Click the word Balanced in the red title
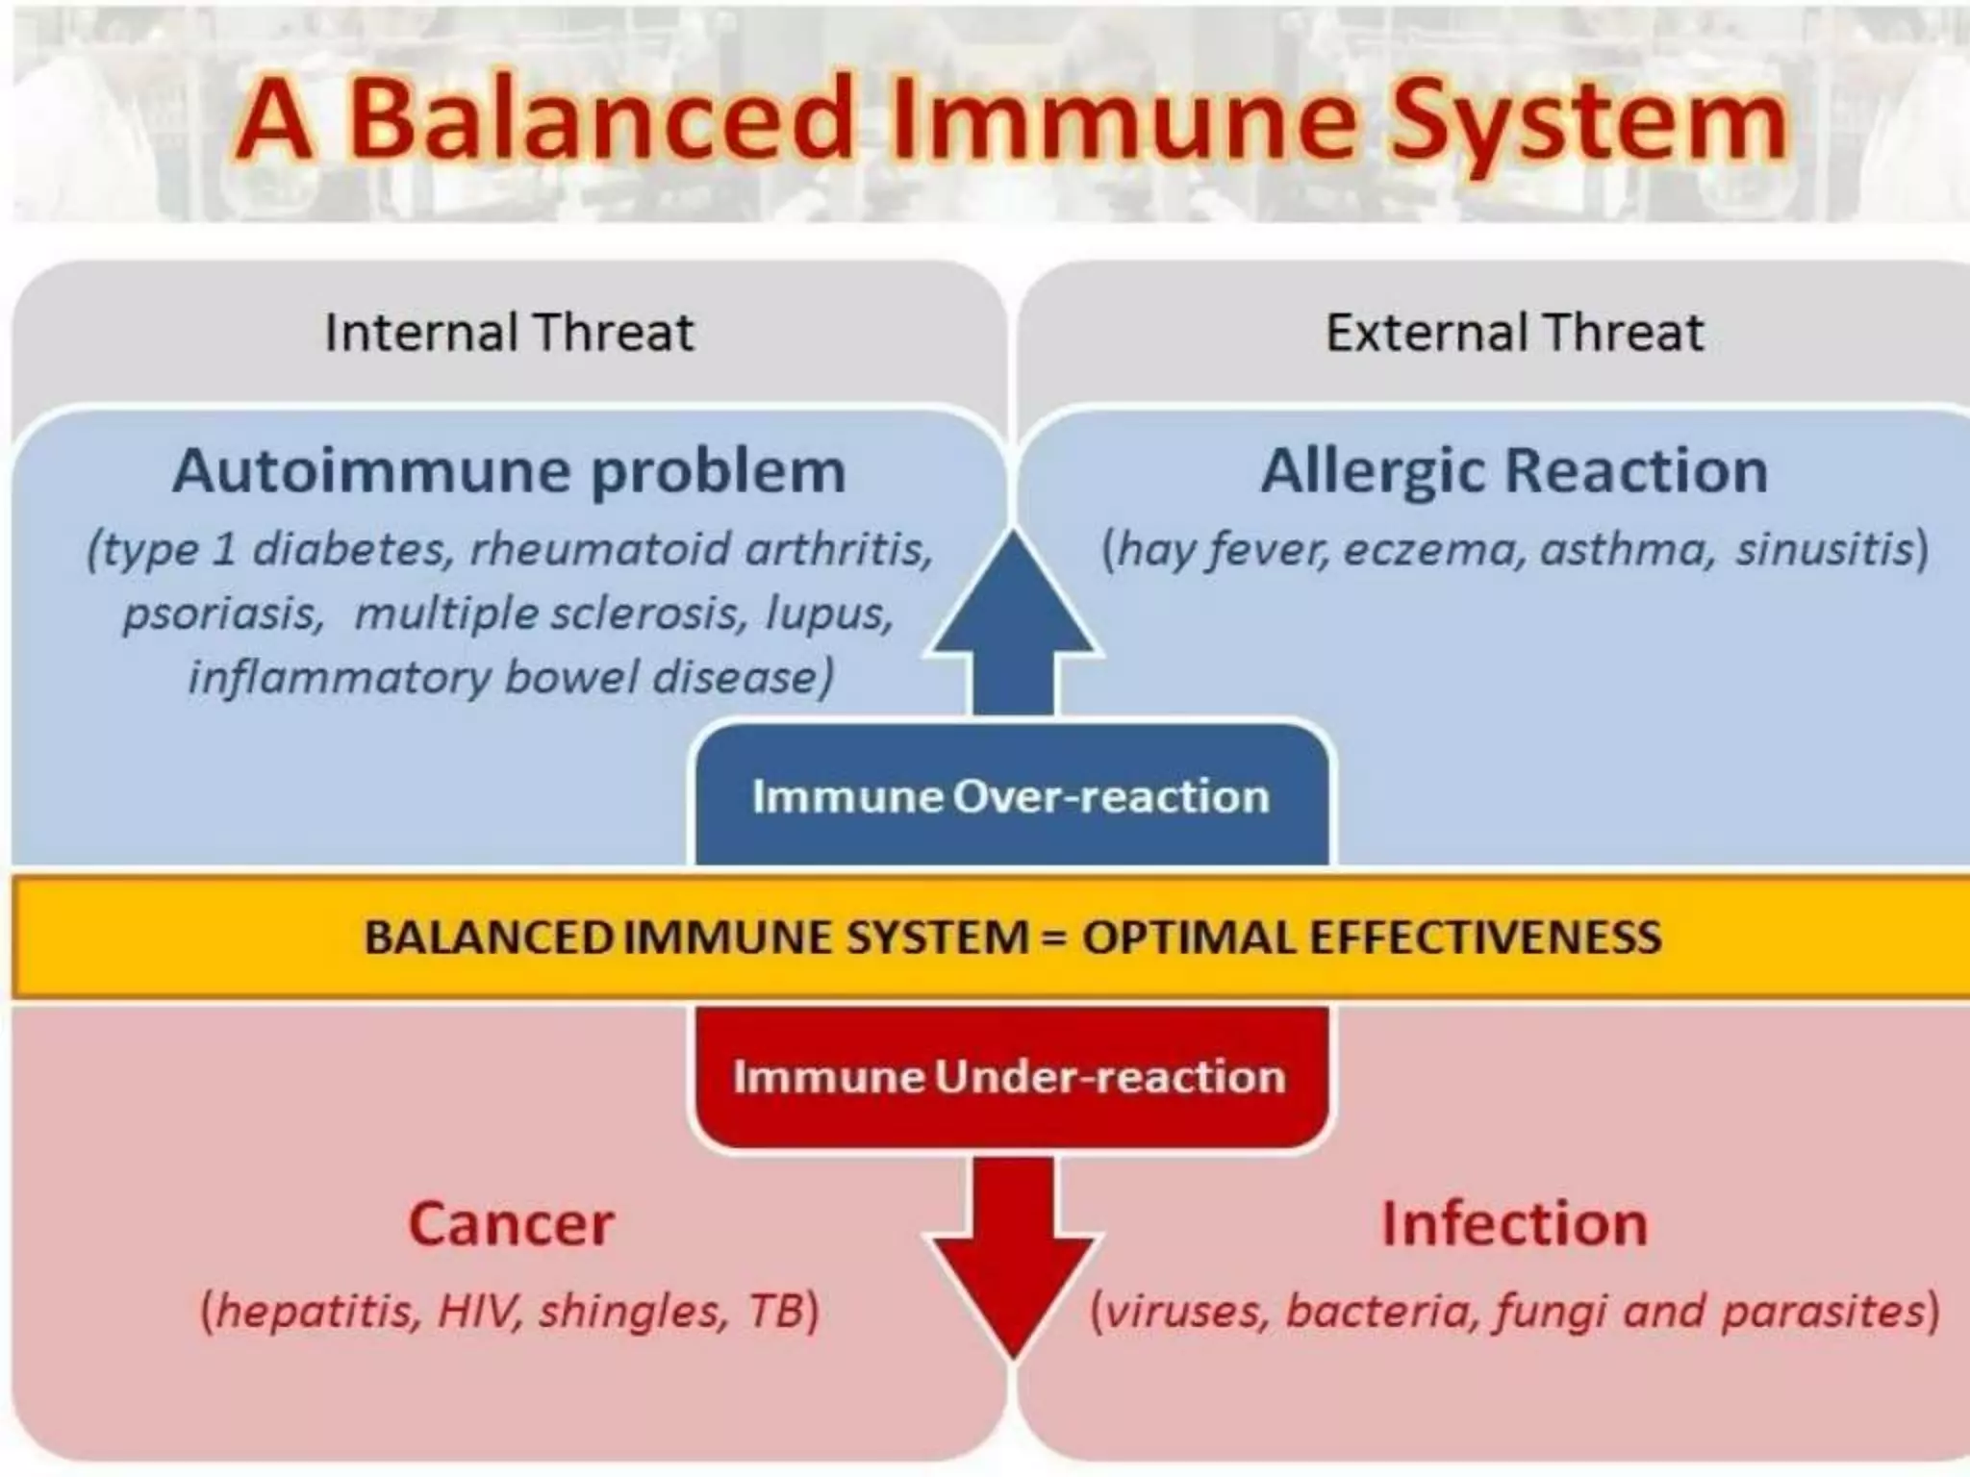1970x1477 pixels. pyautogui.click(x=601, y=119)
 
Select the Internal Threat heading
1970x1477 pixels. pyautogui.click(x=509, y=333)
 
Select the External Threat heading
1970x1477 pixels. pyautogui.click(x=1514, y=333)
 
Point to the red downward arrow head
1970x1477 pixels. pyautogui.click(x=1013, y=1289)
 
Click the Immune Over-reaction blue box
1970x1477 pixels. pyautogui.click(x=1011, y=796)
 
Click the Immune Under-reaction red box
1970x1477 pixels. pyautogui.click(x=1009, y=1076)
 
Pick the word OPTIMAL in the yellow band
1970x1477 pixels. pyautogui.click(x=1187, y=937)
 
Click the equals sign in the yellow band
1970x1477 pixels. pyautogui.click(x=1054, y=938)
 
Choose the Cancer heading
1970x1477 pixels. pyautogui.click(x=511, y=1223)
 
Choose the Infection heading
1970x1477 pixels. pyautogui.click(x=1514, y=1223)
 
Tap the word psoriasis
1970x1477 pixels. pyautogui.click(x=223, y=613)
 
